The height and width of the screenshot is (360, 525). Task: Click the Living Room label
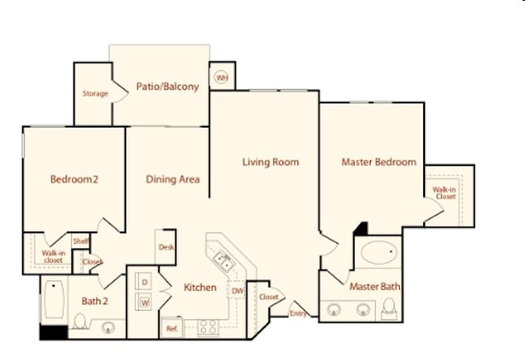(x=271, y=162)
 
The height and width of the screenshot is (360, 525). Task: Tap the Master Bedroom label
(x=379, y=162)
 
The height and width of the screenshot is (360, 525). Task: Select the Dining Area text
(x=172, y=179)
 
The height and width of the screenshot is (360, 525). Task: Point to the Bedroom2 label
(x=74, y=179)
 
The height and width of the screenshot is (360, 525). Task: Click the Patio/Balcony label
(x=167, y=87)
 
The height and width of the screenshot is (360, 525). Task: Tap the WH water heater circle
(x=220, y=77)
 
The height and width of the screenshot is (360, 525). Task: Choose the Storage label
(x=94, y=94)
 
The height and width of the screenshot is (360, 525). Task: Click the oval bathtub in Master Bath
(x=378, y=253)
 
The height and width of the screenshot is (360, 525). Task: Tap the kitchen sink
(x=222, y=261)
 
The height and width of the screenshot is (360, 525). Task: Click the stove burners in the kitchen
(x=208, y=327)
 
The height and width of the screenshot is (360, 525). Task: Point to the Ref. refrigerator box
(x=172, y=329)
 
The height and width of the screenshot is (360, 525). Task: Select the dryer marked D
(x=145, y=282)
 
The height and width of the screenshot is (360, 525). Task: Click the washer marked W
(x=145, y=303)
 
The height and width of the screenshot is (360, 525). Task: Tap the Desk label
(x=166, y=247)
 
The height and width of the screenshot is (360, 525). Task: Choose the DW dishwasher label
(x=237, y=291)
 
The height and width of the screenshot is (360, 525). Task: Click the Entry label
(x=298, y=313)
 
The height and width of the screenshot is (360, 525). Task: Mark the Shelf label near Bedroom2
(x=80, y=241)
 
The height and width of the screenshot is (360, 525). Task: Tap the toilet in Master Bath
(x=388, y=307)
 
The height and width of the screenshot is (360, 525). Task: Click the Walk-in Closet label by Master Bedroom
(x=445, y=192)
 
